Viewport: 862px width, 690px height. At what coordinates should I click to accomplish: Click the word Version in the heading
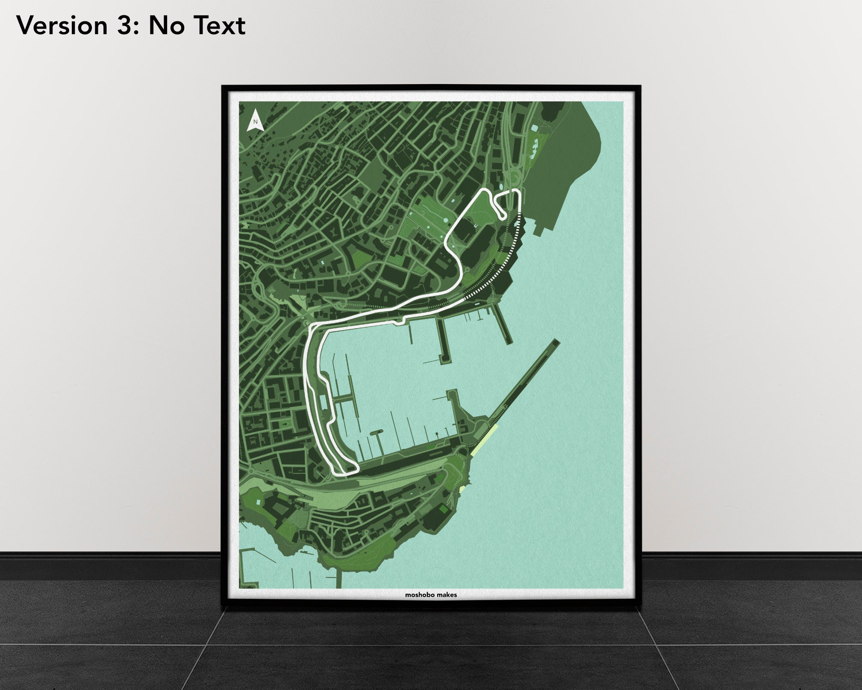point(62,25)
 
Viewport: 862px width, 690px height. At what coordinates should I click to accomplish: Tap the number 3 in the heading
point(125,25)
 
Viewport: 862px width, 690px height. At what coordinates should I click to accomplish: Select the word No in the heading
point(164,25)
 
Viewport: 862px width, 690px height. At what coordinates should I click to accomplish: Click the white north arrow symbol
point(256,120)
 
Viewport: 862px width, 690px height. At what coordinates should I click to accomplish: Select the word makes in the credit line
point(447,595)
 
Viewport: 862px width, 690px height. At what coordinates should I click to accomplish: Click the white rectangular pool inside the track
point(323,401)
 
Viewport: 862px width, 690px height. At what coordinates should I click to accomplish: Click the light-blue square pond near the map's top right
point(534,128)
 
